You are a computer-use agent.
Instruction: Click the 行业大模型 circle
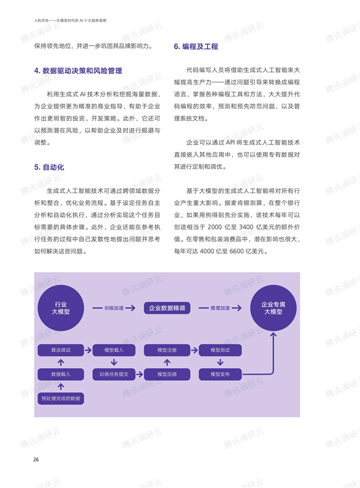[61, 308]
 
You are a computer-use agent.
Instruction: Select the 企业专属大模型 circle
[273, 308]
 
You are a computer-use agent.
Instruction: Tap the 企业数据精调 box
[167, 308]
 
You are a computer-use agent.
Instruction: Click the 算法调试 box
[61, 350]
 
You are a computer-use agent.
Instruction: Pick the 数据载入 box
[61, 374]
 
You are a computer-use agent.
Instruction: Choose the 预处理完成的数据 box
[61, 398]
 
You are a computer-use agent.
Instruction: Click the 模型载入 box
[114, 350]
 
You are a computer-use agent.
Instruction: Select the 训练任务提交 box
[114, 374]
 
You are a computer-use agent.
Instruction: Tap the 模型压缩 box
[167, 374]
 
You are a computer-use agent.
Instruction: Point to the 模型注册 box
[167, 350]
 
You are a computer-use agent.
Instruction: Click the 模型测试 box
[220, 350]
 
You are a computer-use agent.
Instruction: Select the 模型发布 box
[220, 374]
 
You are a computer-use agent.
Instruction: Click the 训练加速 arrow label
[114, 308]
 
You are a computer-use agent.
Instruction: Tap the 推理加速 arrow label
[220, 308]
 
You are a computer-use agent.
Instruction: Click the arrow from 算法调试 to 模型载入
[88, 350]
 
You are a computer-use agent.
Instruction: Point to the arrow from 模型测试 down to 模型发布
[220, 362]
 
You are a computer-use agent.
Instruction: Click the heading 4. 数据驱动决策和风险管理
[78, 71]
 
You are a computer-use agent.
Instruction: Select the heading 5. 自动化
[49, 167]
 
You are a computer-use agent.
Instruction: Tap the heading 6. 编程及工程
[196, 46]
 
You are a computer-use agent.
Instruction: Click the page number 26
[36, 459]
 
